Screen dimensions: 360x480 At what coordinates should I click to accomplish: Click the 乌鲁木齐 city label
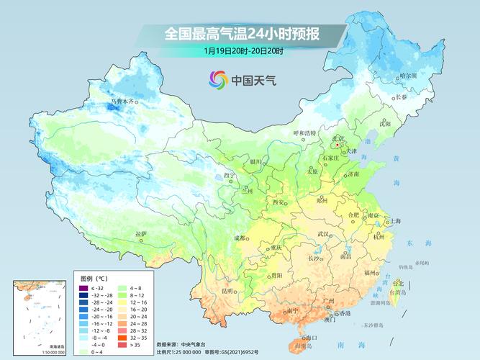click(x=122, y=102)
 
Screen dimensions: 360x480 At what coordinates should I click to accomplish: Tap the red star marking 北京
click(x=338, y=145)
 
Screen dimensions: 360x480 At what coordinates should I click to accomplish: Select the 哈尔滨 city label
click(x=408, y=75)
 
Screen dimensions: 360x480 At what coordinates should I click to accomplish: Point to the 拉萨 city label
click(x=140, y=234)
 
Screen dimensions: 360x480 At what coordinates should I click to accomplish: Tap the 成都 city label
click(x=240, y=238)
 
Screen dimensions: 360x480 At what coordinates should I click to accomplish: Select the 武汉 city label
click(x=325, y=235)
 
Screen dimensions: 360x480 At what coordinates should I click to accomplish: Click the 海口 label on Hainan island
click(x=311, y=337)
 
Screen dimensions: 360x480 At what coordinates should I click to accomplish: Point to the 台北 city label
click(x=397, y=283)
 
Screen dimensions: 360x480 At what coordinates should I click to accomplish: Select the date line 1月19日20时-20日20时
click(x=243, y=50)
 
